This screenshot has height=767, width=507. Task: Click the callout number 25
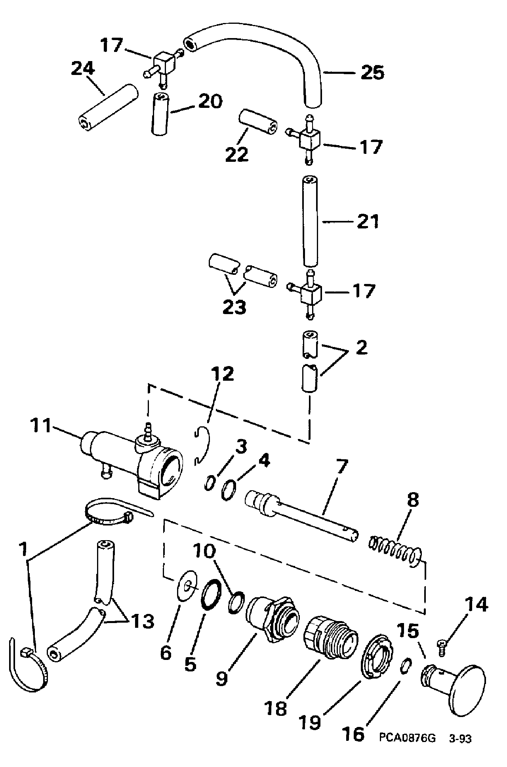373,73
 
